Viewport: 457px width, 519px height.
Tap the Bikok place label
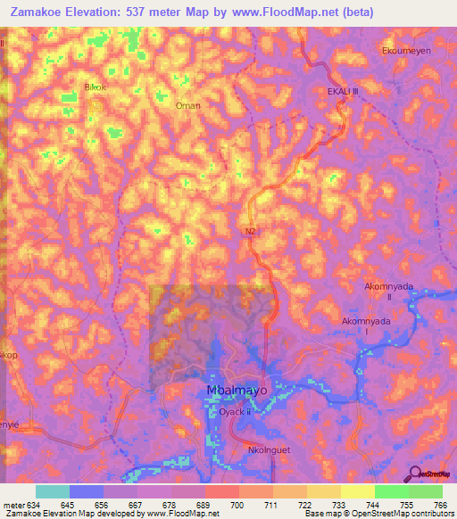point(95,87)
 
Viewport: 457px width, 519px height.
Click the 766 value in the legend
point(440,506)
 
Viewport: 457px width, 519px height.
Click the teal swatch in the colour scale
point(52,491)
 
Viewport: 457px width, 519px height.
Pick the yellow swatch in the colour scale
point(357,491)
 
